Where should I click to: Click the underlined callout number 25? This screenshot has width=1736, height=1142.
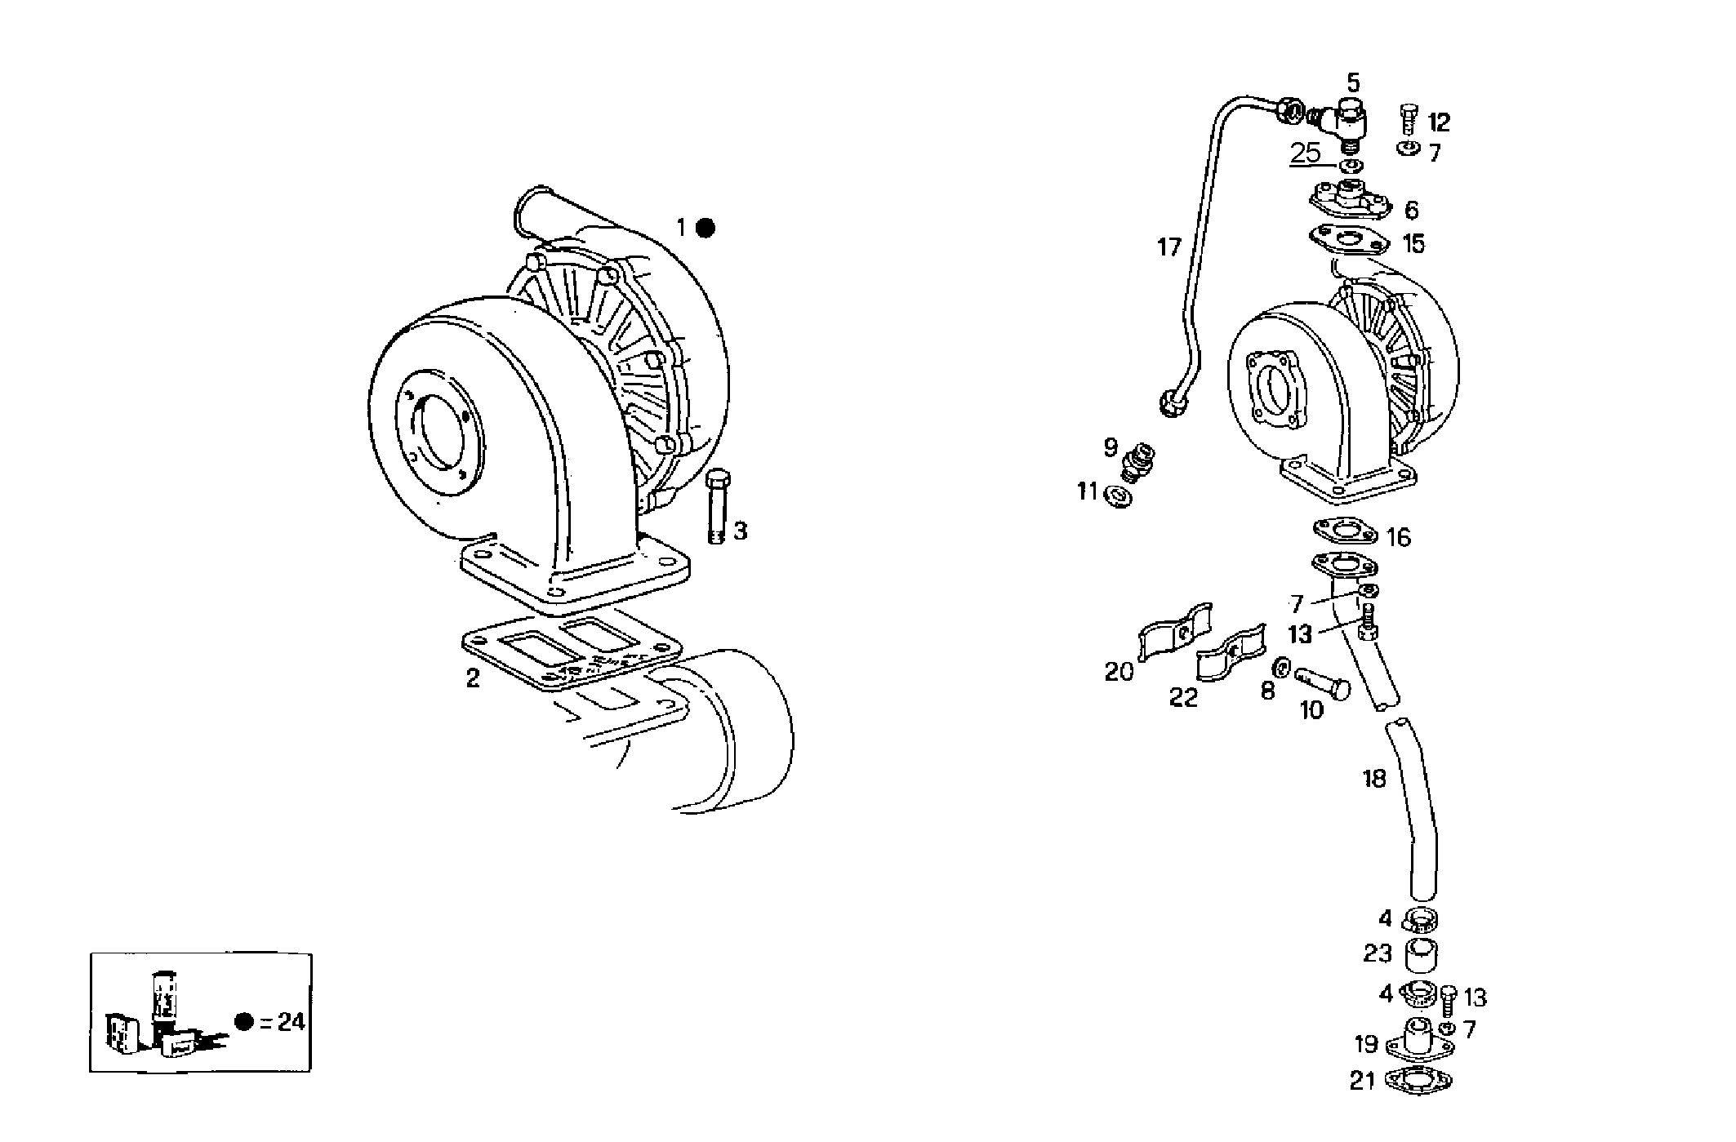(x=1305, y=153)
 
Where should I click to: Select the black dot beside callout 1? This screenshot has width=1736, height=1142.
(x=706, y=229)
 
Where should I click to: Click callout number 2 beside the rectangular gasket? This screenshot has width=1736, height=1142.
(x=473, y=678)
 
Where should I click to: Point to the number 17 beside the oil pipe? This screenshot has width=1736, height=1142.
(x=1168, y=247)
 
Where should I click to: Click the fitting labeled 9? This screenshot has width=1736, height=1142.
(x=1137, y=460)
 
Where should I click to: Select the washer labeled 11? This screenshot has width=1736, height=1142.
(x=1116, y=496)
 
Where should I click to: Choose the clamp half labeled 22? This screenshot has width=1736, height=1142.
(x=1230, y=655)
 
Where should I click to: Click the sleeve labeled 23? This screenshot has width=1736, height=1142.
(x=1421, y=955)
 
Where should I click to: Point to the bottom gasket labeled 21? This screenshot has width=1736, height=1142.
(x=1420, y=1081)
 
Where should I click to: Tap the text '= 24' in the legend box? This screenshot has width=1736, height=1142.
(x=283, y=1022)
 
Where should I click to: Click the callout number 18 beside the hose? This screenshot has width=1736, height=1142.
(x=1374, y=779)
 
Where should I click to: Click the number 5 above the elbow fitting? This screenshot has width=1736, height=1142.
(x=1353, y=82)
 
